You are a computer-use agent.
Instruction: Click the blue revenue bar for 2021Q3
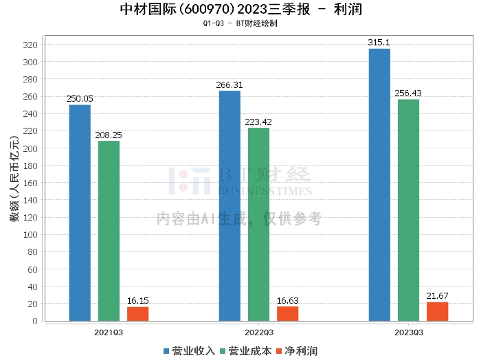pyautogui.click(x=80, y=212)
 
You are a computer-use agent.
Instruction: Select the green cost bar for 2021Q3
pyautogui.click(x=109, y=231)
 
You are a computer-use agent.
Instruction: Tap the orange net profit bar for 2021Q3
pyautogui.click(x=137, y=313)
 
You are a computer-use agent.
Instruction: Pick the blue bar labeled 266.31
pyautogui.click(x=230, y=205)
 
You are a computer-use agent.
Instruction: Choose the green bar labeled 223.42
pyautogui.click(x=258, y=224)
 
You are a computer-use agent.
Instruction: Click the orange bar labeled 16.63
pyautogui.click(x=287, y=313)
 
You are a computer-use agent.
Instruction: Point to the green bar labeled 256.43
pyautogui.click(x=408, y=210)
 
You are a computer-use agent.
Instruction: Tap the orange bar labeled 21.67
pyautogui.click(x=437, y=311)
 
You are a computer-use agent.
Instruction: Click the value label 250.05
pyautogui.click(x=80, y=99)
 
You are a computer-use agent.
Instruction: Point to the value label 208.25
pyautogui.click(x=109, y=135)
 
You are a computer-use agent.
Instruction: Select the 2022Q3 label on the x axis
pyautogui.click(x=258, y=332)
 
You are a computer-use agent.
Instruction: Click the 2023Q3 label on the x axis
pyautogui.click(x=408, y=332)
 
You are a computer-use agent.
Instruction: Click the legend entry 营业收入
pyautogui.click(x=189, y=351)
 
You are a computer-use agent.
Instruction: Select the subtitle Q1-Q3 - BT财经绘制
pyautogui.click(x=240, y=23)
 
